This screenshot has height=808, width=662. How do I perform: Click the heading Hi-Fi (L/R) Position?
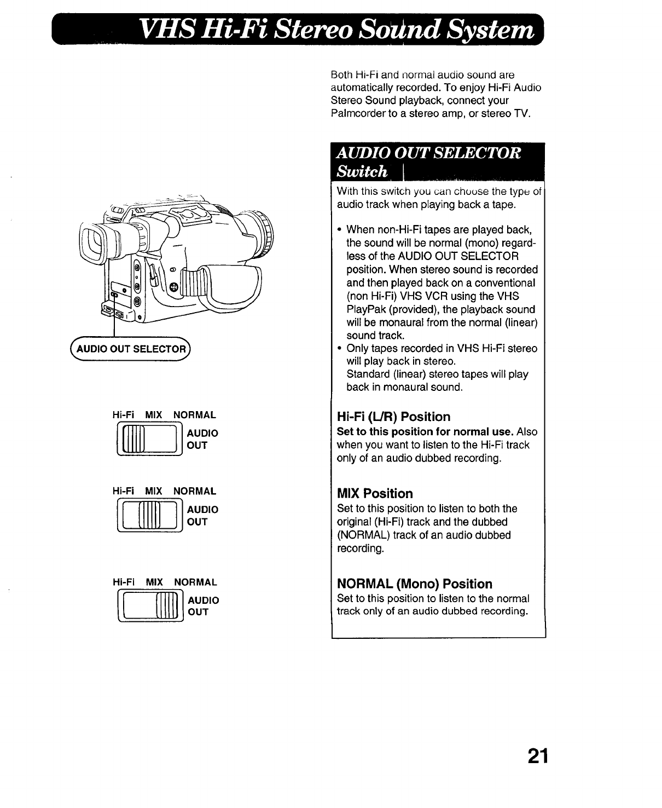tap(393, 417)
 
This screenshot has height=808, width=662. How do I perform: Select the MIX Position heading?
tap(375, 494)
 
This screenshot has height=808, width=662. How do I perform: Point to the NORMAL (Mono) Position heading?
tap(415, 584)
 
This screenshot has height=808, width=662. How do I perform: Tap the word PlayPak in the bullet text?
tap(367, 309)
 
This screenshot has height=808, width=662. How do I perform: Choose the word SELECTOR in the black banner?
tap(471, 153)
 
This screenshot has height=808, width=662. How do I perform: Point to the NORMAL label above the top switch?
tap(195, 415)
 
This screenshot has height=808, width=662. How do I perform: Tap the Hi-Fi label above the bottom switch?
tap(123, 582)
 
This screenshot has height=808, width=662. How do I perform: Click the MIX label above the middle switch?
tap(154, 492)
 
